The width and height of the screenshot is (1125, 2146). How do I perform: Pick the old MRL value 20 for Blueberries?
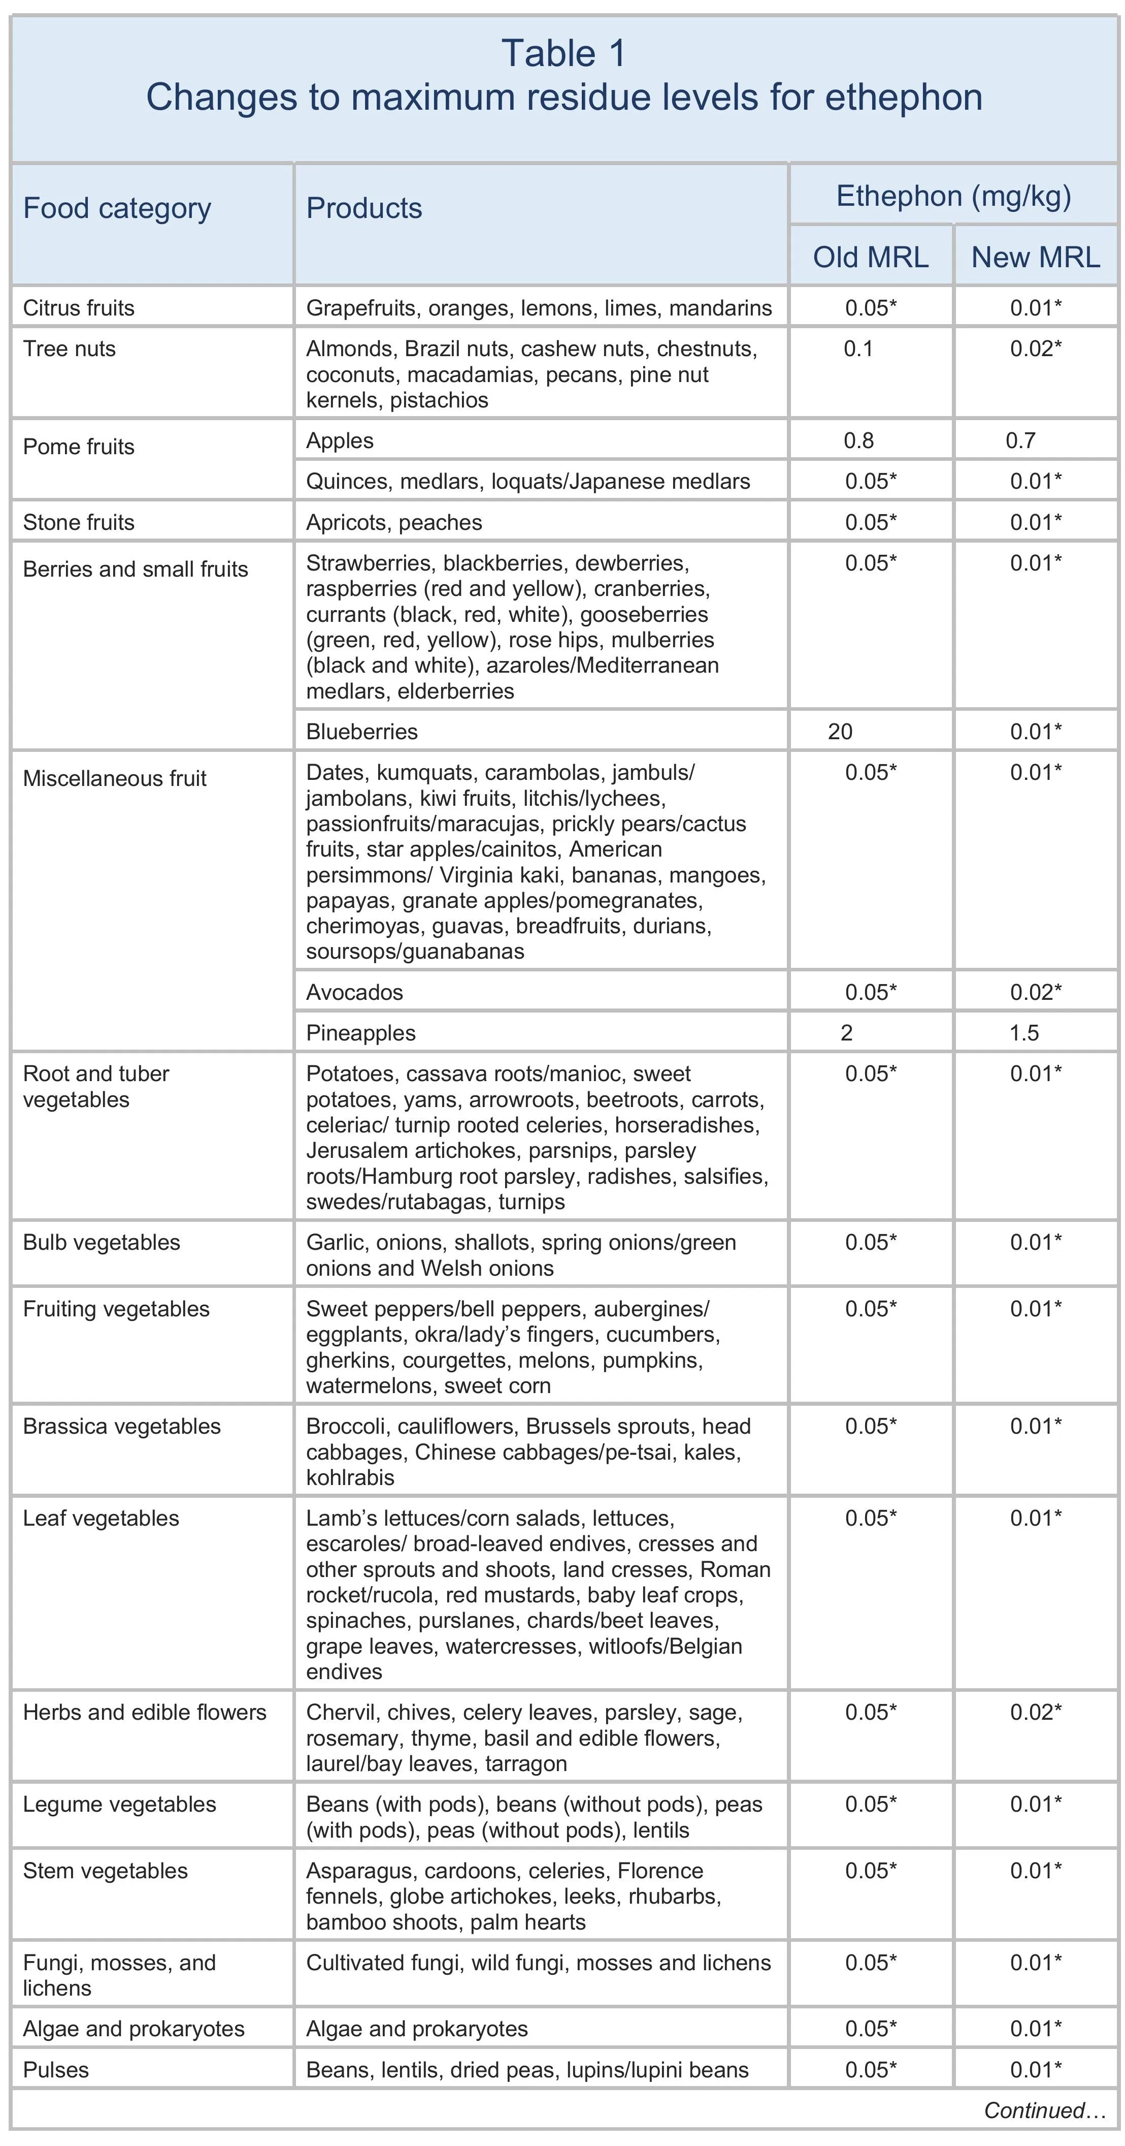click(840, 732)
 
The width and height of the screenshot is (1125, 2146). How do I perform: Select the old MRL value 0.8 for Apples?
click(858, 440)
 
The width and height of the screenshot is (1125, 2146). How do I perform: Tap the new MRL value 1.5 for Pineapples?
click(1024, 1033)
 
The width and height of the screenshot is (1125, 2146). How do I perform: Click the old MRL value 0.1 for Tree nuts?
click(858, 348)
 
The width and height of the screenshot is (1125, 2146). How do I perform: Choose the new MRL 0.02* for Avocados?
click(1036, 992)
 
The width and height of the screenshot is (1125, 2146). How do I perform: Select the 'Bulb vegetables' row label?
click(102, 1242)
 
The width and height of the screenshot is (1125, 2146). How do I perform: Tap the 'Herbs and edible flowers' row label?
click(144, 1712)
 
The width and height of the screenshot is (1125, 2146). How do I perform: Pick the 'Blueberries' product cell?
click(361, 732)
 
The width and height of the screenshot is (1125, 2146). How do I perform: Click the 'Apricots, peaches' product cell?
click(394, 522)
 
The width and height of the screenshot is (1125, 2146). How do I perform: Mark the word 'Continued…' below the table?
click(1044, 2110)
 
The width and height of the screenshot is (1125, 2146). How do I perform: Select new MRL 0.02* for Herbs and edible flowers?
click(1036, 1712)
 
